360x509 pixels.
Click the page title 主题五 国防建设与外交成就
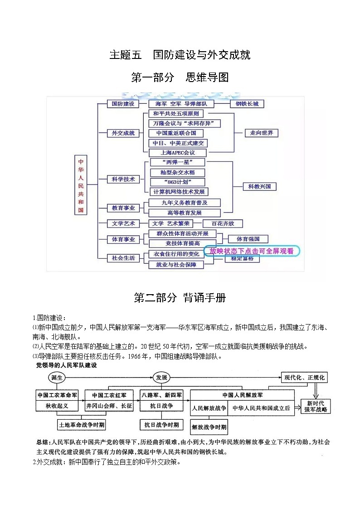coord(180,55)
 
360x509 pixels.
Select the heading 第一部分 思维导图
coord(180,78)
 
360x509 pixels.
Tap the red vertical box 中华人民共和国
coord(81,186)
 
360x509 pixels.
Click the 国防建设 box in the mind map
coord(123,104)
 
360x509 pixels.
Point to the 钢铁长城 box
coord(247,104)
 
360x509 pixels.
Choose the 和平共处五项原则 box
coord(175,114)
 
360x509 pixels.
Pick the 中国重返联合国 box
coord(176,133)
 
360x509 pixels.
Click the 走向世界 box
coord(261,133)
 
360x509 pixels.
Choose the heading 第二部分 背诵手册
coord(180,298)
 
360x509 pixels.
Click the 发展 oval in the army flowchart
coord(161,378)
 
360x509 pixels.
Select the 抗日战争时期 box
coord(161,425)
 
